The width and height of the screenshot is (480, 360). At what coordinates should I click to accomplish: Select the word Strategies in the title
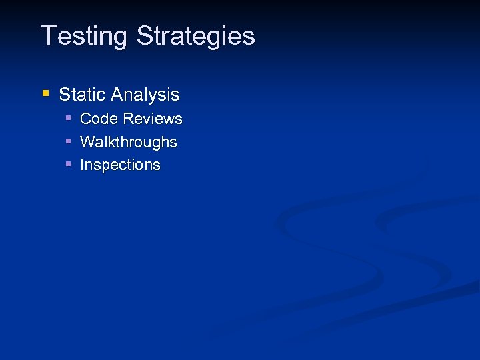click(195, 36)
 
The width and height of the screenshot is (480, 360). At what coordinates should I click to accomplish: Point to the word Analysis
click(146, 95)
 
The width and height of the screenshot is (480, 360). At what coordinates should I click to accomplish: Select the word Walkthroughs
click(129, 142)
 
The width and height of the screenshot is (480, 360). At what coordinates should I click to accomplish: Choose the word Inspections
click(120, 165)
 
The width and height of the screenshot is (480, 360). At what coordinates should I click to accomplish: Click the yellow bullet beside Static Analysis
click(45, 94)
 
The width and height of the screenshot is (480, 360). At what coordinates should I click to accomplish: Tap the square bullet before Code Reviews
click(69, 119)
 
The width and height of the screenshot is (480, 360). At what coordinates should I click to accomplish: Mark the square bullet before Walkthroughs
click(69, 141)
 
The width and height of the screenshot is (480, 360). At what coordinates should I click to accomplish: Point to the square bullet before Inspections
click(69, 164)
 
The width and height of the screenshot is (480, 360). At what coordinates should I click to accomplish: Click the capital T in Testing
click(49, 35)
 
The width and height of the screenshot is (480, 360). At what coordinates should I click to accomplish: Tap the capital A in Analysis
click(118, 95)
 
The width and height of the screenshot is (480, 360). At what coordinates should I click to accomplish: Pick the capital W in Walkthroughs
click(87, 142)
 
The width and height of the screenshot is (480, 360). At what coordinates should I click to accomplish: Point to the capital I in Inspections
click(82, 165)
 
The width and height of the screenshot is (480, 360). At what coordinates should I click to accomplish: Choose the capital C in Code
click(85, 119)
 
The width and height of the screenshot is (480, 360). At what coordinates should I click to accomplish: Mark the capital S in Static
click(65, 95)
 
